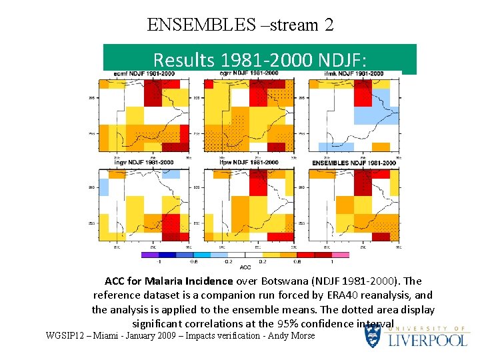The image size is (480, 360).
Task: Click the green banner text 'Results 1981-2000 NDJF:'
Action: pyautogui.click(x=260, y=60)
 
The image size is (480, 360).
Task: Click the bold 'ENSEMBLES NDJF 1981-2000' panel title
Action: pyautogui.click(x=354, y=163)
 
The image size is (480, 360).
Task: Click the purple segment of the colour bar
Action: pyautogui.click(x=150, y=255)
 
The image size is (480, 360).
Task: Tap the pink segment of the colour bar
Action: pyautogui.click(x=341, y=255)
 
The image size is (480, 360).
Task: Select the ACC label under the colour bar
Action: pyautogui.click(x=245, y=267)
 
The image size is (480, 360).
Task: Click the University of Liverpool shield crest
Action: pyautogui.click(x=373, y=336)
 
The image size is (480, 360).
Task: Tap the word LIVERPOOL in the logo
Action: pyautogui.click(x=427, y=340)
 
